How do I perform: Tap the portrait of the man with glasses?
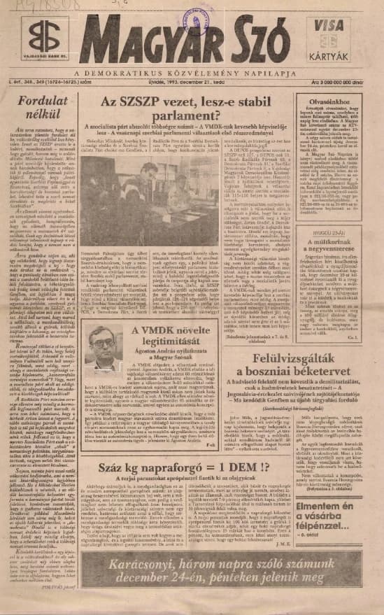pos(103,348)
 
